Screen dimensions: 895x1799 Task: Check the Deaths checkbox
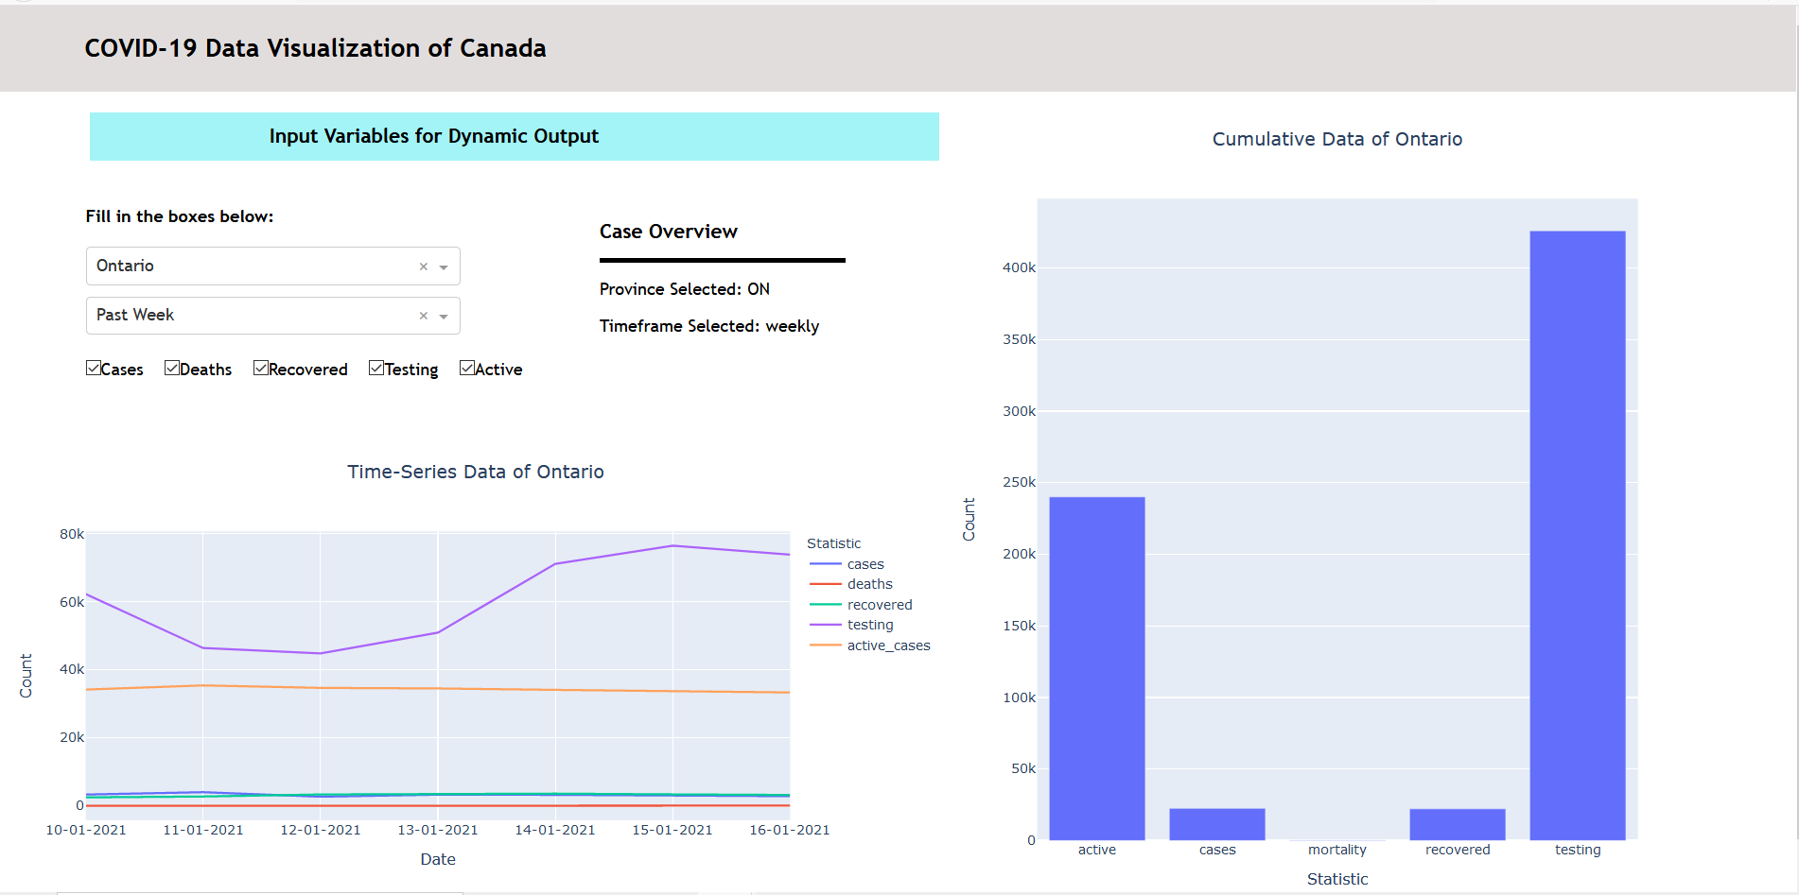[172, 369]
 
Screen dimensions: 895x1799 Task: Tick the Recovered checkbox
[261, 369]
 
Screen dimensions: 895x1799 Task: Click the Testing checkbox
[376, 369]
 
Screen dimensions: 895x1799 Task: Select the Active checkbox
[467, 369]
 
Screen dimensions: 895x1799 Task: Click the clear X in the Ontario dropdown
[424, 267]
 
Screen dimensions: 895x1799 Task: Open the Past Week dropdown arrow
[444, 317]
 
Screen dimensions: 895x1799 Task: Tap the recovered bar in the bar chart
[1457, 824]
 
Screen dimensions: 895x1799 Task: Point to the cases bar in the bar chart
[1216, 824]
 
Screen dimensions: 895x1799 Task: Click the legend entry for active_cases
[888, 645]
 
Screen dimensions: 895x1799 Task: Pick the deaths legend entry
[869, 584]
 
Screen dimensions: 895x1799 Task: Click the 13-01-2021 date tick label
[438, 830]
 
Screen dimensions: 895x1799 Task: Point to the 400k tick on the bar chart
[1019, 267]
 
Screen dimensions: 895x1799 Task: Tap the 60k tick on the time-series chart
[72, 602]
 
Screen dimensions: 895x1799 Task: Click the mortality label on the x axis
[1336, 850]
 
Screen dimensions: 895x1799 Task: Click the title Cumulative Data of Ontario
[1336, 139]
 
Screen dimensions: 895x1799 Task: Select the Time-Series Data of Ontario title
[475, 472]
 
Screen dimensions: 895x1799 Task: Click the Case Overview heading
[668, 232]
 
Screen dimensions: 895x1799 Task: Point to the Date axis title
[438, 859]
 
